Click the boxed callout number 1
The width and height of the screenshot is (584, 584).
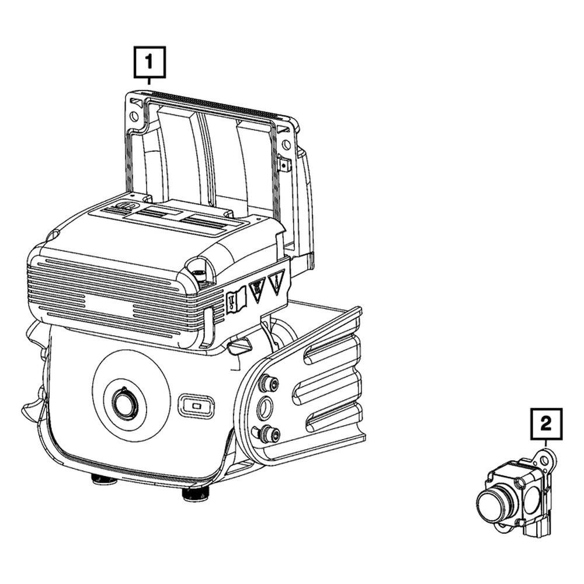pyautogui.click(x=150, y=62)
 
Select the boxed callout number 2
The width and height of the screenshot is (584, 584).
pyautogui.click(x=545, y=424)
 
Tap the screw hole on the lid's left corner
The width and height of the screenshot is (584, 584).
pyautogui.click(x=134, y=116)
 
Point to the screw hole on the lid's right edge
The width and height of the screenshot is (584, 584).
pyautogui.click(x=286, y=144)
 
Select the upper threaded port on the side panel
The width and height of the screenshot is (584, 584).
pyautogui.click(x=268, y=383)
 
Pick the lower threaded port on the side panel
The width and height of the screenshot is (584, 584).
pyautogui.click(x=268, y=433)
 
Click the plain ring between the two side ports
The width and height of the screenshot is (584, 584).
pyautogui.click(x=266, y=408)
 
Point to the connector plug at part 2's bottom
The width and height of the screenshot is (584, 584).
pyautogui.click(x=537, y=526)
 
